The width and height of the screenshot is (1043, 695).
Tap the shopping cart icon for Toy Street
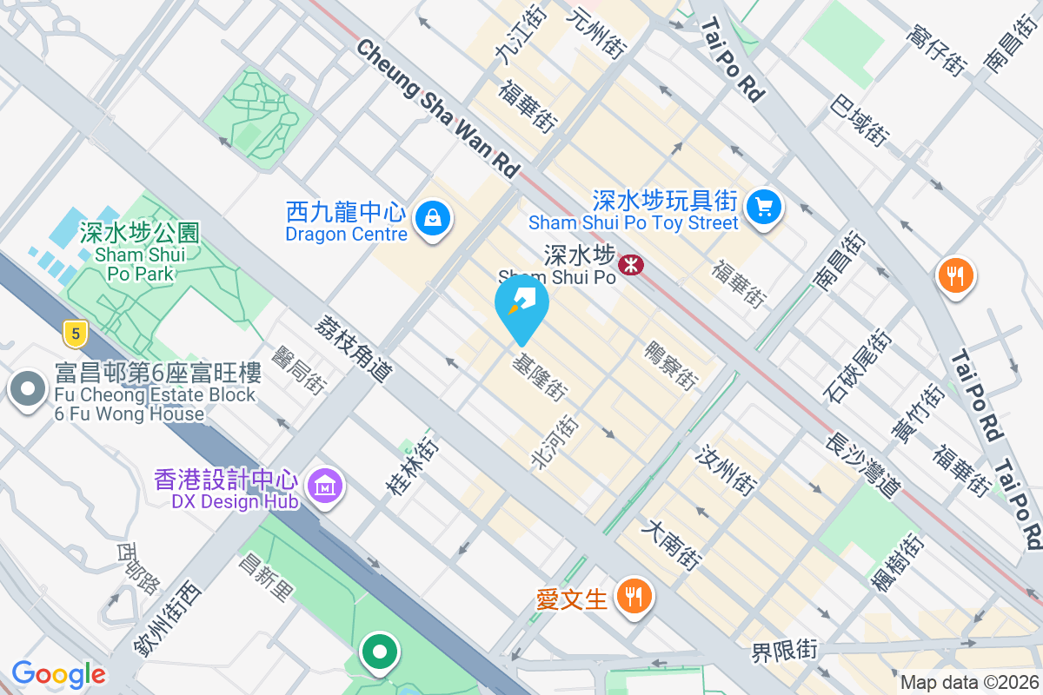pos(764,208)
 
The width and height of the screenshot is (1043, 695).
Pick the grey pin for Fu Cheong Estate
pos(28,388)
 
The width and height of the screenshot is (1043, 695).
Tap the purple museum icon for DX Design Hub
pos(325,486)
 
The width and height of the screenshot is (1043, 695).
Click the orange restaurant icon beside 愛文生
pos(634,597)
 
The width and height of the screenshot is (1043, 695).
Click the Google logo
pos(58,674)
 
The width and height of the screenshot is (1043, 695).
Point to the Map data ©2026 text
pos(968,683)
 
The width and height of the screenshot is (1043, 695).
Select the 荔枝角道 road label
pos(355,347)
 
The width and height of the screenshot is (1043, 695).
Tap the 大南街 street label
pos(671,545)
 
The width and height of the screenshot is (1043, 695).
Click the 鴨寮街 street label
pos(670,365)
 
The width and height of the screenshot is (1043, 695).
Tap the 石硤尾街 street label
pos(858,366)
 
